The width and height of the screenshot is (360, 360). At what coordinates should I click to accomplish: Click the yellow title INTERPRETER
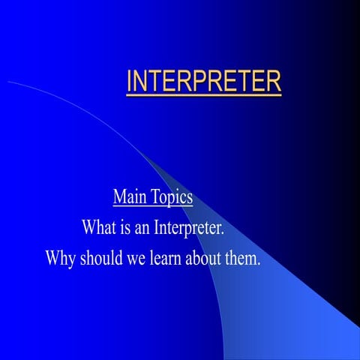(x=203, y=82)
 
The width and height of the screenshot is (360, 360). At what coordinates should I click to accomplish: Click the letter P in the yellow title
(x=204, y=82)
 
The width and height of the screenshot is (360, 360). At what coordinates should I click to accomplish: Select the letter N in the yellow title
(x=139, y=82)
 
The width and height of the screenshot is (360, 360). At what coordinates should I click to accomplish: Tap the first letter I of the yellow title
(x=129, y=82)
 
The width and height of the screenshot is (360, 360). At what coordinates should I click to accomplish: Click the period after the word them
(x=259, y=263)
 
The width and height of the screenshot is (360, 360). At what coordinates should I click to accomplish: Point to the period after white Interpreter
(x=224, y=232)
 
